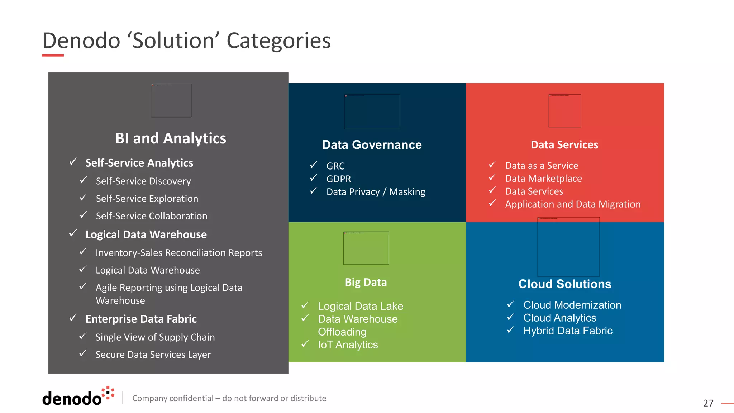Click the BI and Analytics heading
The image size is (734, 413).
tap(171, 138)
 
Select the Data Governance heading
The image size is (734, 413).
tap(372, 145)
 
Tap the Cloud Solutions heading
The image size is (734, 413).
tap(564, 284)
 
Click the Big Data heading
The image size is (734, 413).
tap(366, 283)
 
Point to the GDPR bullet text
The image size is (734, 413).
tap(338, 179)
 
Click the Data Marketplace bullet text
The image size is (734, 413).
tap(543, 179)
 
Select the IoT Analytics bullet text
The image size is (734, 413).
tap(348, 345)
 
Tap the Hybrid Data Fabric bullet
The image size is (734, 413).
tap(568, 331)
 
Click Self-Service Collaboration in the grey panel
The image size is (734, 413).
tap(151, 216)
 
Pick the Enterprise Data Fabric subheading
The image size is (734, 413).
tap(141, 319)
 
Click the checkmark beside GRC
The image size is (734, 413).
tap(314, 165)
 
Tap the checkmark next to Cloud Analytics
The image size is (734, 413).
tap(511, 317)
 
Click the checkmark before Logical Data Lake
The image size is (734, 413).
tap(305, 305)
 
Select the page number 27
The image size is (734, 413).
tap(708, 403)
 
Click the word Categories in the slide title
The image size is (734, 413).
tap(278, 41)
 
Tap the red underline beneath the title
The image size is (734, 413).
tap(53, 56)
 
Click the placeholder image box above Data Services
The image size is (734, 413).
tap(564, 111)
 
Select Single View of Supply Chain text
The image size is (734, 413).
tap(155, 337)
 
